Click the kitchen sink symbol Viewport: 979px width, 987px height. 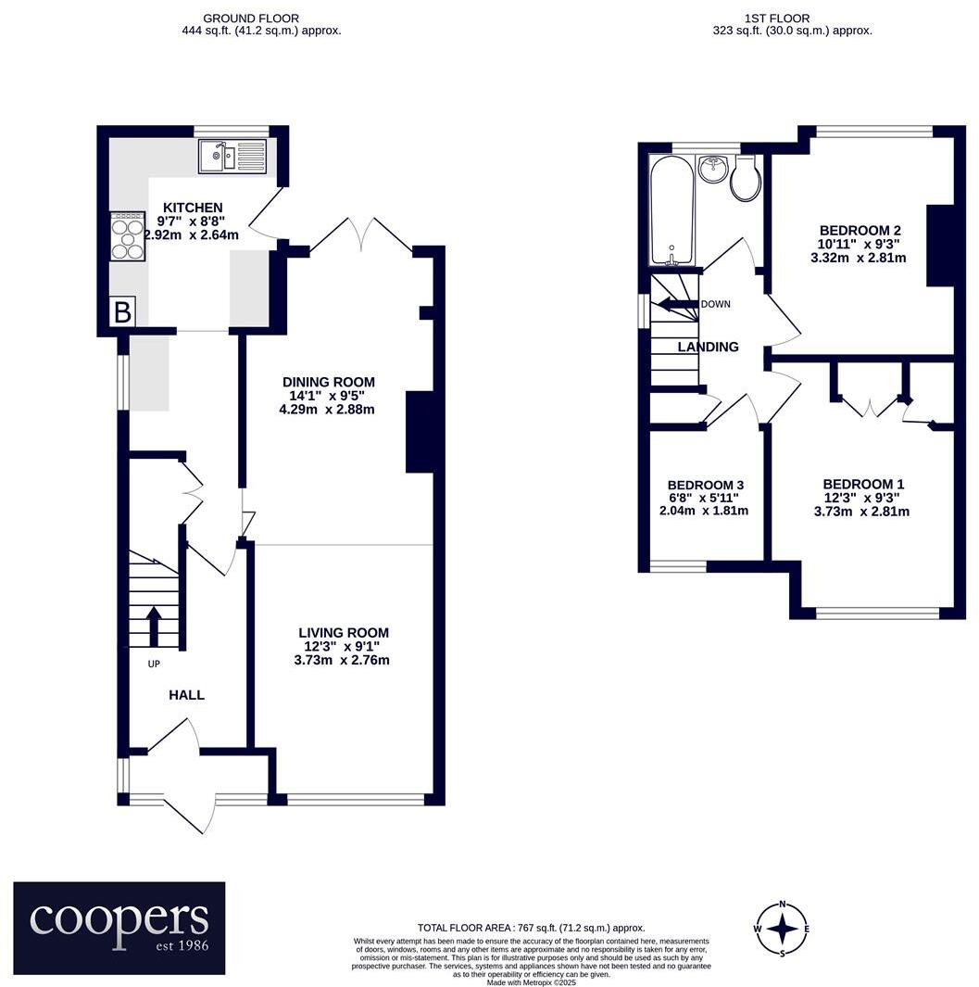coord(232,156)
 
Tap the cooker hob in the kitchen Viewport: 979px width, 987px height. coord(128,237)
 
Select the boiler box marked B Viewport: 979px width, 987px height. coord(122,312)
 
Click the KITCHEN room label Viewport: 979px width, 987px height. coord(193,208)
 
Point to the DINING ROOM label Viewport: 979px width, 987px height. coord(329,382)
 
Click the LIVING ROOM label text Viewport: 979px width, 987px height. coord(335,633)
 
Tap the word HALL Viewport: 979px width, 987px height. coord(186,695)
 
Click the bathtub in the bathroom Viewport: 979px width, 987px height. coord(670,210)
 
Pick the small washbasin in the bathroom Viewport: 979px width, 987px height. coord(711,169)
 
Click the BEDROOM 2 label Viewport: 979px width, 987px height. coord(860,231)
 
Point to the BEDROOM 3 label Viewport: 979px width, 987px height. coord(706,485)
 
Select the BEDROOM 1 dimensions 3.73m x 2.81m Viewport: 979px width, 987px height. coord(860,512)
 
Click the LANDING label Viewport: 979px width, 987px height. coord(708,348)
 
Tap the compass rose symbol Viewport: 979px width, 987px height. coord(782,929)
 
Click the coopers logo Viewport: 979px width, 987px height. coord(119,927)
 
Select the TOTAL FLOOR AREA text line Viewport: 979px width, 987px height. coord(531,928)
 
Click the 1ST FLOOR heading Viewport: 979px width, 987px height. coord(776,19)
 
